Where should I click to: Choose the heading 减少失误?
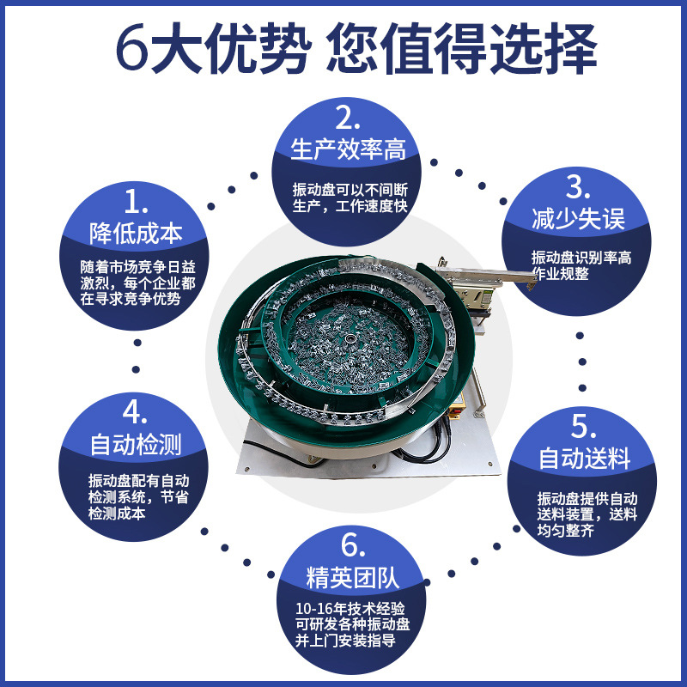click(x=566, y=219)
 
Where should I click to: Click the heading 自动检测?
click(x=136, y=445)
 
